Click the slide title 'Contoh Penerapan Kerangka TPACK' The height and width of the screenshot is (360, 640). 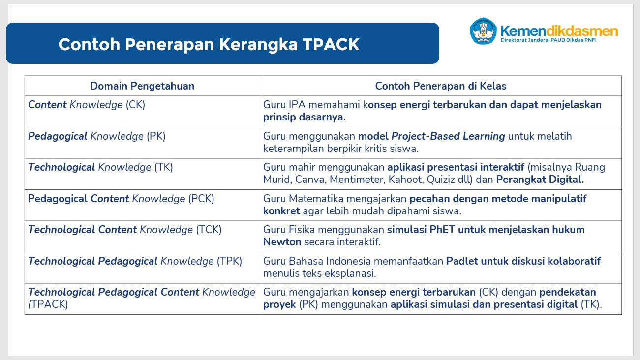209,44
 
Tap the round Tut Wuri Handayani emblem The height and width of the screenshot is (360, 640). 483,31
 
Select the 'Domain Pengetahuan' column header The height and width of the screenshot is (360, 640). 142,86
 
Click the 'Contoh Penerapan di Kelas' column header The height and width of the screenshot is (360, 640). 441,86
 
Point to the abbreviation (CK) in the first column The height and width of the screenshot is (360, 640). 135,105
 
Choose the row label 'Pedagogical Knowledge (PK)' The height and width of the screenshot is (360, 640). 97,136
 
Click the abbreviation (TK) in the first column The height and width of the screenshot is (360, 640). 164,167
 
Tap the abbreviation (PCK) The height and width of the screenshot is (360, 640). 201,199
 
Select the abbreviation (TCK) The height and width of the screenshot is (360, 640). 209,230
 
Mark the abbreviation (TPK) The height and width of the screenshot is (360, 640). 229,261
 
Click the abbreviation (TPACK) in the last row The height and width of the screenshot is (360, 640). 48,304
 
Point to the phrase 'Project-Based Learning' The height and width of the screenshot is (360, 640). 448,136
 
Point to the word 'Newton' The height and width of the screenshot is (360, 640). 282,242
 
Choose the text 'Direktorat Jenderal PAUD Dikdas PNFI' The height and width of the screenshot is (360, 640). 549,40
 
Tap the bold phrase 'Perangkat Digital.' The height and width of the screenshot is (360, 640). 540,180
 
